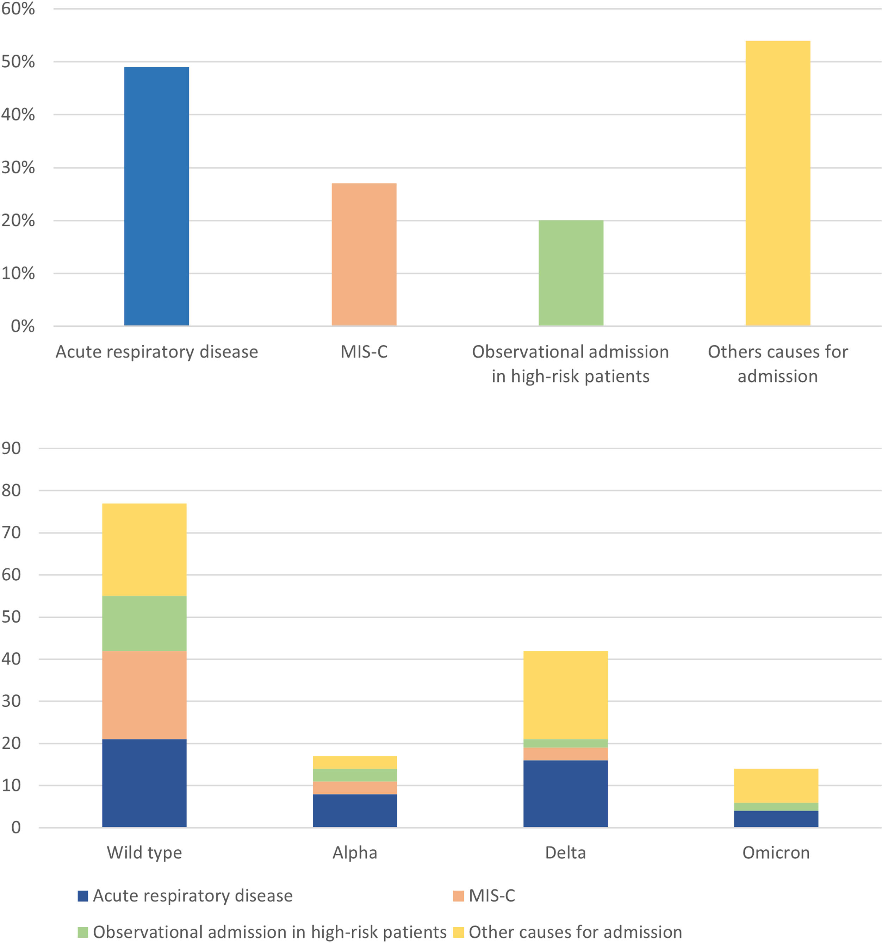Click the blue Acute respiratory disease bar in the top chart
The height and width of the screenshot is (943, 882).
coord(156,196)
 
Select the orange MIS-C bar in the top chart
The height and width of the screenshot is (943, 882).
coord(364,254)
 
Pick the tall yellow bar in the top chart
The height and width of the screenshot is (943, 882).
coord(778,183)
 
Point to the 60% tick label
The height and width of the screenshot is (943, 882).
coord(18,9)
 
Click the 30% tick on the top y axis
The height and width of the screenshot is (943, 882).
coord(18,168)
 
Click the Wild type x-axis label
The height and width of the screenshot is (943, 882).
coord(144,853)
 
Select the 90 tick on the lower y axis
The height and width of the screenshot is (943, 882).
coord(11,448)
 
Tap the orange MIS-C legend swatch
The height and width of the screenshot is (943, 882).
coord(458,896)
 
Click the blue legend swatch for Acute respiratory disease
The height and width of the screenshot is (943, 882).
coord(83,896)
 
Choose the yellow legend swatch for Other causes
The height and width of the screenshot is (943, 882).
coord(458,932)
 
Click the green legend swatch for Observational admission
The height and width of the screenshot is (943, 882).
coord(83,932)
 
